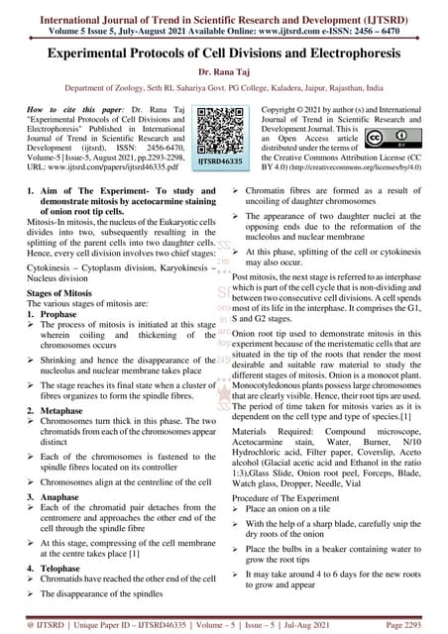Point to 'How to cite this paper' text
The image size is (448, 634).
click(x=66, y=104)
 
